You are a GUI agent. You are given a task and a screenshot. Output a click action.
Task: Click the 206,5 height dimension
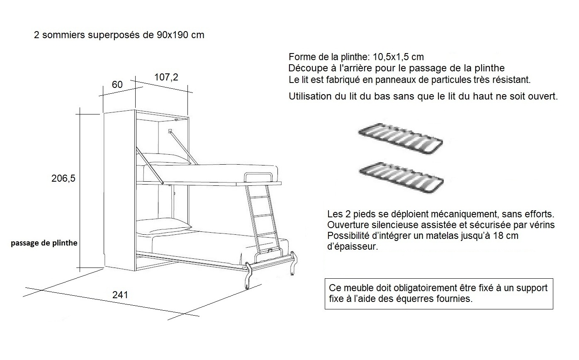[63, 179]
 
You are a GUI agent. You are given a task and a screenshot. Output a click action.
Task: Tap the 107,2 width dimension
[166, 77]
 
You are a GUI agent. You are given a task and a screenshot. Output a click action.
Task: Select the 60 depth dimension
[117, 85]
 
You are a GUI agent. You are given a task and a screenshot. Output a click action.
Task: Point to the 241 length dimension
[120, 295]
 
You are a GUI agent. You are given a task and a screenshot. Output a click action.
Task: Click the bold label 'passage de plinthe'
[44, 243]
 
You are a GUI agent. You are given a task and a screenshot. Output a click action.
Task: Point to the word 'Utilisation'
[309, 97]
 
